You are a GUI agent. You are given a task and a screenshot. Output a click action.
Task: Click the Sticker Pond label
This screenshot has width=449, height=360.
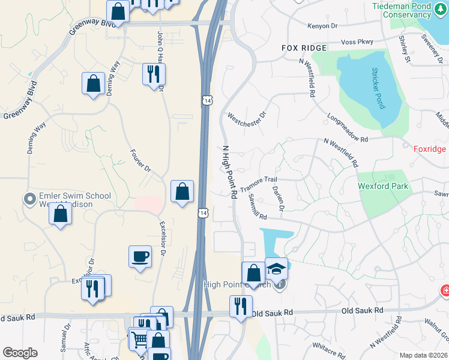click(377, 88)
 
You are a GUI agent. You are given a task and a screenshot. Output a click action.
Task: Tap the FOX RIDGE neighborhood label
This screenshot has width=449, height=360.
click(304, 47)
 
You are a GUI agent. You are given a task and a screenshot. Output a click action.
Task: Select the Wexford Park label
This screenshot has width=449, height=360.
click(383, 186)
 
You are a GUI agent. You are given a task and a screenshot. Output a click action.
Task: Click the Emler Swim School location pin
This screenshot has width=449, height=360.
click(29, 199)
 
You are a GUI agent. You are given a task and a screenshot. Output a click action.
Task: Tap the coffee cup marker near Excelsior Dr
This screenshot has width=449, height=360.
click(140, 257)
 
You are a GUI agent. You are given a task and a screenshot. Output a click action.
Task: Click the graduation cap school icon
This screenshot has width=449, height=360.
click(277, 269)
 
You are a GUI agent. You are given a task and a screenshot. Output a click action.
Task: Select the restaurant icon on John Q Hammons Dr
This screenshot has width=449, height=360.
click(154, 74)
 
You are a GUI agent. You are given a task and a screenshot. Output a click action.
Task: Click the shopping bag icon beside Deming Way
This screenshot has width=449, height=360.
click(94, 83)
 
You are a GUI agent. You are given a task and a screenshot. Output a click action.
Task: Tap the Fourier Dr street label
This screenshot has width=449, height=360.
click(140, 161)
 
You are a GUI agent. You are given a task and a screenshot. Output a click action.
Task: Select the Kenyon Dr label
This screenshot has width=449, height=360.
click(322, 26)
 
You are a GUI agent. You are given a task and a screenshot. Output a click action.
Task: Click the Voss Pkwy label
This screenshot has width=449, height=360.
click(357, 41)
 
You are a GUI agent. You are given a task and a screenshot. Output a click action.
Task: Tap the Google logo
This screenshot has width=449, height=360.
click(20, 353)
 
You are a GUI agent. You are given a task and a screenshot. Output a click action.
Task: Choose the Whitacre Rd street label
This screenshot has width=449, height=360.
click(328, 346)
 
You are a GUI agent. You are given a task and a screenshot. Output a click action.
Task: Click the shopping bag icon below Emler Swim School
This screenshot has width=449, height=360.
click(60, 214)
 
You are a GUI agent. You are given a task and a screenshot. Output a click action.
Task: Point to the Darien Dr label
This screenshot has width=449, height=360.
click(279, 197)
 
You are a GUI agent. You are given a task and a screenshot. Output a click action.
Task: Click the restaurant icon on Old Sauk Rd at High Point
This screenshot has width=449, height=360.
click(240, 306)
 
